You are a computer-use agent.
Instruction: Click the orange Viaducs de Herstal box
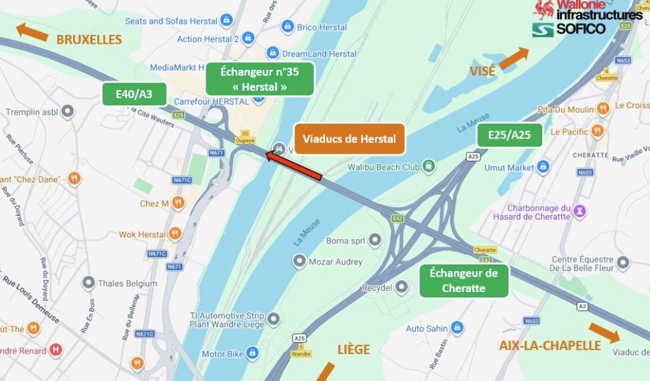349,139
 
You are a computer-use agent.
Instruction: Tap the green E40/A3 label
134,94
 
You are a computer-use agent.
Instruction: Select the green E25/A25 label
510,135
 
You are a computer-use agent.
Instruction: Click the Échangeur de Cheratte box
464,281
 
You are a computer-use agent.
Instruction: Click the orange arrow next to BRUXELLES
32,32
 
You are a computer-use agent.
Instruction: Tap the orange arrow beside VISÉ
514,58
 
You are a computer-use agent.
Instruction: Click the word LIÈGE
354,349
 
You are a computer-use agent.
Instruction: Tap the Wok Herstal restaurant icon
175,234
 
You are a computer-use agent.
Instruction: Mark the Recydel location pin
402,287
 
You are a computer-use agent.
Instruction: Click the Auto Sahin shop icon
457,328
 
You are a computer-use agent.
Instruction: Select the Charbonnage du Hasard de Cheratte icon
580,211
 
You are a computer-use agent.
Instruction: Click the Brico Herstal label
322,27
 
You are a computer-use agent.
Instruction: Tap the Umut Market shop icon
543,167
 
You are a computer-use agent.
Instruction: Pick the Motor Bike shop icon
252,353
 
